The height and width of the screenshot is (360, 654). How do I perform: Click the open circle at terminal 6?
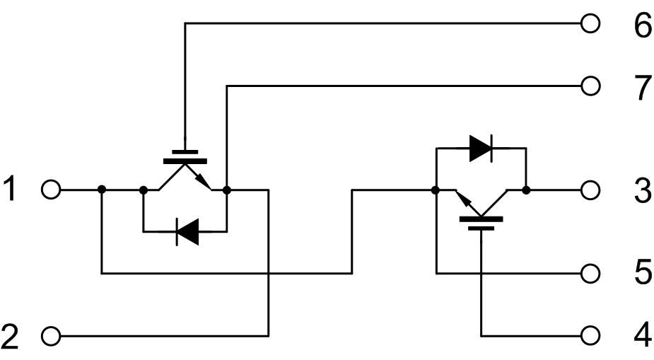[590, 24]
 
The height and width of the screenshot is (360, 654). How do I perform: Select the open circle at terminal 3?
[590, 190]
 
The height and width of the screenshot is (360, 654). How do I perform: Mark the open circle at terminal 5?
[590, 272]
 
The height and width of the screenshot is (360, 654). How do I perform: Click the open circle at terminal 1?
[51, 190]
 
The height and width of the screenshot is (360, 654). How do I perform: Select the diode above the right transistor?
[481, 148]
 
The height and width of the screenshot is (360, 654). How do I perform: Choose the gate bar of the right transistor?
[481, 219]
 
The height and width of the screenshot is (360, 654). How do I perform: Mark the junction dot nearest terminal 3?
[527, 190]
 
